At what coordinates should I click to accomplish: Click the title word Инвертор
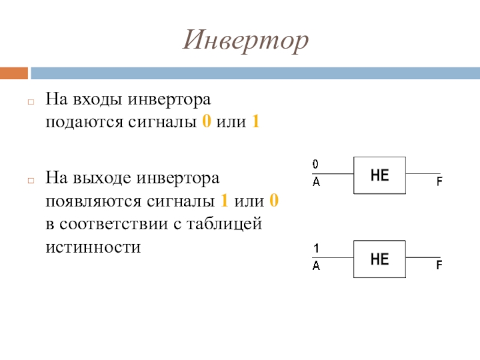click(245, 40)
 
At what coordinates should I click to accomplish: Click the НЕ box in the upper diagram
click(380, 175)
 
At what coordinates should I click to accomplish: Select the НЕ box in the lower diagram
click(380, 259)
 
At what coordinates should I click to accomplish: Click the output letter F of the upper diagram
click(439, 182)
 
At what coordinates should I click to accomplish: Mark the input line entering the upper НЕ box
click(333, 174)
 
